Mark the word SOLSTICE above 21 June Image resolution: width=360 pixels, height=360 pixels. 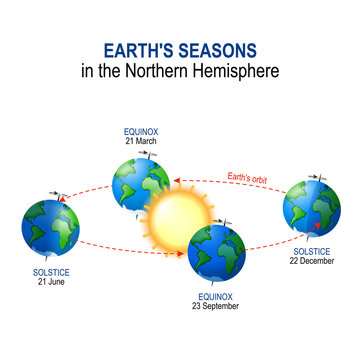[x=51, y=273]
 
